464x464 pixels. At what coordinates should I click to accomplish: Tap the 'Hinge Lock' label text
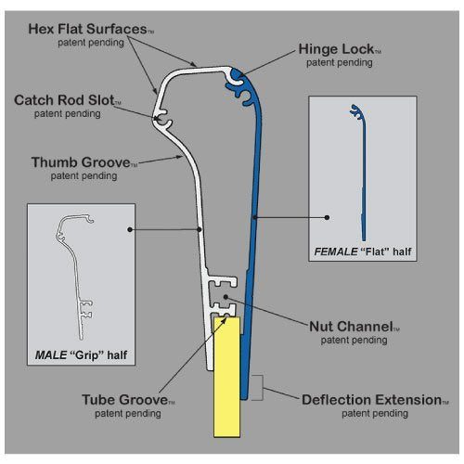click(x=335, y=48)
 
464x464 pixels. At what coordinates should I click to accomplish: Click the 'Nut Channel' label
click(x=354, y=327)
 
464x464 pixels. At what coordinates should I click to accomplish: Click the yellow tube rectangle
click(x=227, y=380)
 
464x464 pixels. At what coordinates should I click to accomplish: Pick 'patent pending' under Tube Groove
click(x=122, y=414)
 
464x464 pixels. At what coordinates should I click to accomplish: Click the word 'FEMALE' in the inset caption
click(x=333, y=251)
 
